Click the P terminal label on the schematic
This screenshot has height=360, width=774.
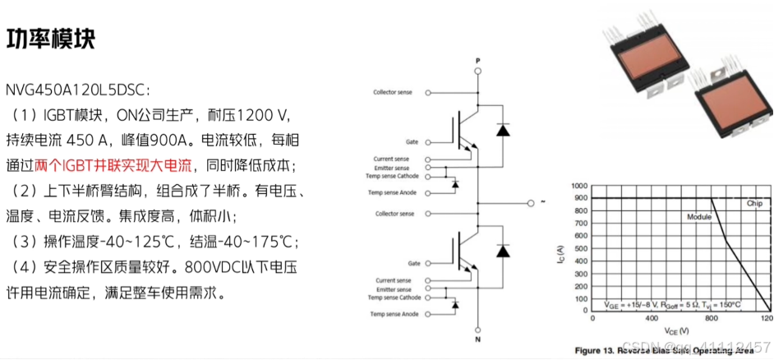(x=477, y=60)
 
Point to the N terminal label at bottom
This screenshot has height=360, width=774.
(x=477, y=338)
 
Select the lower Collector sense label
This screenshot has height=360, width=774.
(x=394, y=214)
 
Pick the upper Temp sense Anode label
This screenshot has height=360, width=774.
(x=393, y=192)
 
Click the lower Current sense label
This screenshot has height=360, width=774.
(x=394, y=280)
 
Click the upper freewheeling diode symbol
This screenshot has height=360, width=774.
(x=502, y=130)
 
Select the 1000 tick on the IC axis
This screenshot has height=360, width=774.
(x=581, y=187)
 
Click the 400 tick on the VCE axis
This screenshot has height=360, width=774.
(x=652, y=317)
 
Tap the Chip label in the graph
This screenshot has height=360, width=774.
(x=754, y=202)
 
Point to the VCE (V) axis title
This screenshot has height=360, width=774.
(x=681, y=330)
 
